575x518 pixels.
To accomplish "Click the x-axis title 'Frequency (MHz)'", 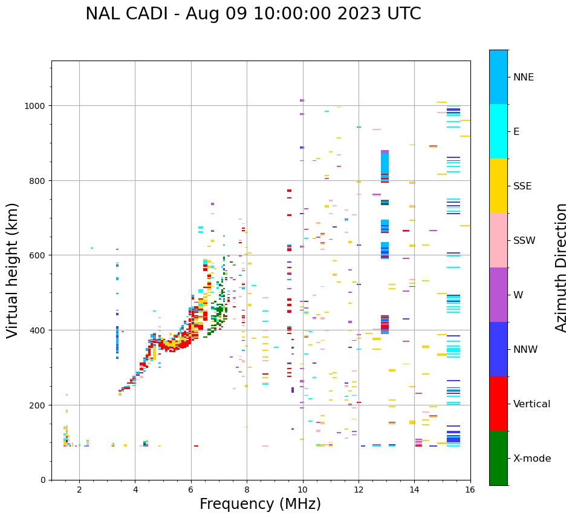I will (x=260, y=504).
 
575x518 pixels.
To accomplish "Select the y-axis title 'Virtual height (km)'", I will (x=13, y=270).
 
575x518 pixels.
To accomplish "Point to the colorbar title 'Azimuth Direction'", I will (x=562, y=267).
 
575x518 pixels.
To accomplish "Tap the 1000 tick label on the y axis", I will (x=34, y=106).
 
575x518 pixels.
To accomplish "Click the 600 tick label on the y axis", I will (x=37, y=255).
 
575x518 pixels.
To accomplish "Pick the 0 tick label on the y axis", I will (x=42, y=480).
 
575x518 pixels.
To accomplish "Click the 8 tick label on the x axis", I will (x=247, y=490).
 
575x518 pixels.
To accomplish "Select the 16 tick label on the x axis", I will (x=470, y=490).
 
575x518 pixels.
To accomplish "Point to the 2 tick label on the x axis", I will (x=79, y=490).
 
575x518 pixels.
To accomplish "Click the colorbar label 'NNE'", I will (x=524, y=77).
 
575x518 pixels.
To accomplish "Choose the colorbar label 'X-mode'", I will (x=532, y=459).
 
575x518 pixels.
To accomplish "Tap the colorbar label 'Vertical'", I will (x=531, y=404).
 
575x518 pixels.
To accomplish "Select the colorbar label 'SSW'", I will (x=524, y=241).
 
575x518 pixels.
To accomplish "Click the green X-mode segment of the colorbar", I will (x=498, y=458).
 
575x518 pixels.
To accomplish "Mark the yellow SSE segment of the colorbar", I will (x=498, y=186).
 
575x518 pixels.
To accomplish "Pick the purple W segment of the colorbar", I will (x=498, y=295).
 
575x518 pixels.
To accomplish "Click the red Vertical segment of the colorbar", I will (x=498, y=404).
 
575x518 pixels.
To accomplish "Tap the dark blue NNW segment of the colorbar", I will (x=498, y=349).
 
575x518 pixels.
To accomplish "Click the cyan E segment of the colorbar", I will (x=498, y=131).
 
